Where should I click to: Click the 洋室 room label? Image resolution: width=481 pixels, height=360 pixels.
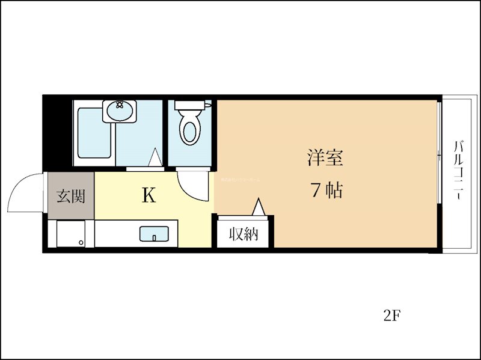[x=325, y=158]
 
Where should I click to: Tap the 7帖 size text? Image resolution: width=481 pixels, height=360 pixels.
[x=326, y=191]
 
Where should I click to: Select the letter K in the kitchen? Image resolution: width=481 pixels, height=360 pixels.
[x=149, y=195]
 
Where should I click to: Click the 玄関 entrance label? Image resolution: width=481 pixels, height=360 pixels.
[x=70, y=196]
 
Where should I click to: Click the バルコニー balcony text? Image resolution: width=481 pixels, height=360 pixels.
[x=458, y=172]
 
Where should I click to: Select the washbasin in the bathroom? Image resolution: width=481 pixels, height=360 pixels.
[x=119, y=111]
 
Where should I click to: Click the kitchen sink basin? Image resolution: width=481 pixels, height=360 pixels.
[x=154, y=233]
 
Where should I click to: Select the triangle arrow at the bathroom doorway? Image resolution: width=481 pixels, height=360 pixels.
[x=155, y=157]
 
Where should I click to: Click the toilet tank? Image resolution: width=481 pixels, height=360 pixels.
[x=190, y=105]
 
